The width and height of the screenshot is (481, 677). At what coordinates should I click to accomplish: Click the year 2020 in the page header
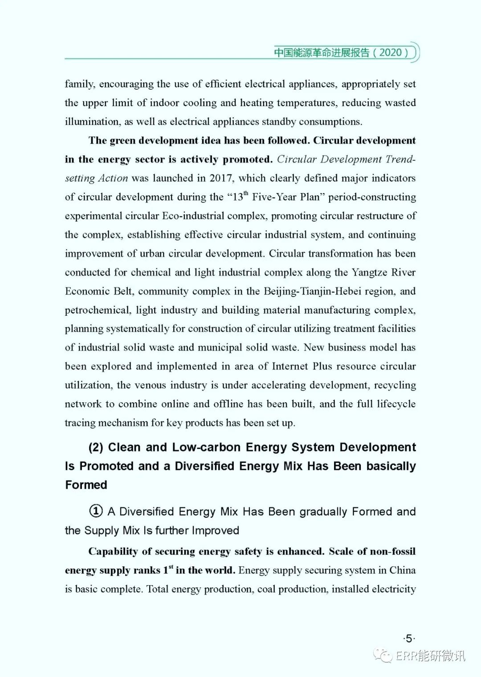pyautogui.click(x=391, y=52)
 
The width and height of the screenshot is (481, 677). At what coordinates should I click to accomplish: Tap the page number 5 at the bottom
pyautogui.click(x=409, y=639)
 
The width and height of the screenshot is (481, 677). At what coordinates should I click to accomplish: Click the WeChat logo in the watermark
pyautogui.click(x=383, y=655)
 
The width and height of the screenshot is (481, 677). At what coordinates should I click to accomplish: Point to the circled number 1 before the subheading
pyautogui.click(x=96, y=511)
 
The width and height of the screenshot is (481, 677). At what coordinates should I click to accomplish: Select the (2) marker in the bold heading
pyautogui.click(x=96, y=447)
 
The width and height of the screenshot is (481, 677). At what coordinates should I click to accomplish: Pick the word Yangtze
pyautogui.click(x=369, y=272)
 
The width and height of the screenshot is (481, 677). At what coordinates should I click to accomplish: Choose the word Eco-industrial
pyautogui.click(x=193, y=216)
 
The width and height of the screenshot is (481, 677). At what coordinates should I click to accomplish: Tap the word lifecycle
pyautogui.click(x=396, y=404)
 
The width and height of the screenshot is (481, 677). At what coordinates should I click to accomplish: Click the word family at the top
pyautogui.click(x=79, y=84)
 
